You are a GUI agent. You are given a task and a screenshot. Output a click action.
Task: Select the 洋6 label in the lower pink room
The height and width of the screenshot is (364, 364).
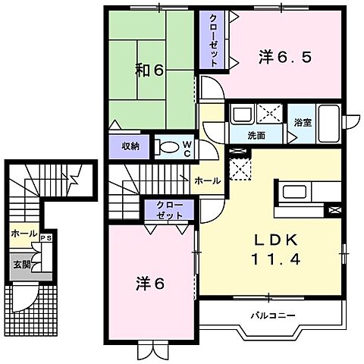(x=151, y=284)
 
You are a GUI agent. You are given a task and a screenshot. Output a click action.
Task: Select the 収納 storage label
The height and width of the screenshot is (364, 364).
(x=130, y=145)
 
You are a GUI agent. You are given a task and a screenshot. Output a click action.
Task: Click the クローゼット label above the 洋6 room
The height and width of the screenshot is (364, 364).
(x=168, y=210)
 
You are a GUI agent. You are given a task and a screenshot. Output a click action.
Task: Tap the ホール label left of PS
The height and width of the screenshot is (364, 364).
(x=22, y=234)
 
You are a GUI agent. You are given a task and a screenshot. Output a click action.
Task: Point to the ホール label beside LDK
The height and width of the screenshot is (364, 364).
(x=207, y=180)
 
